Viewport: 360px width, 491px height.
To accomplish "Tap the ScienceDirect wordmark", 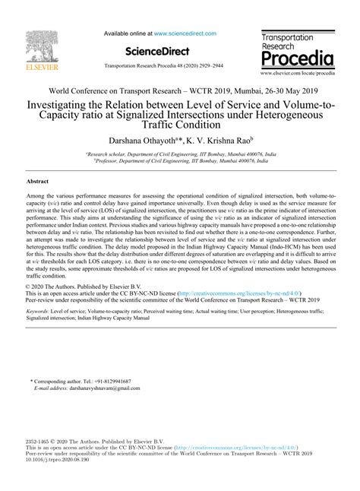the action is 142,52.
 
